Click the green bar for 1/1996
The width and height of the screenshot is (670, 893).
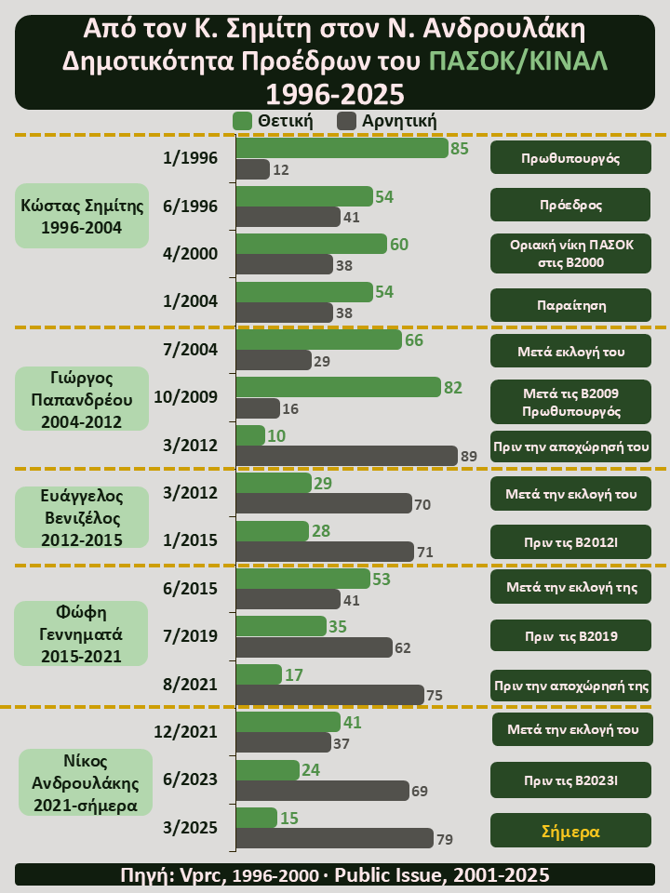point(342,148)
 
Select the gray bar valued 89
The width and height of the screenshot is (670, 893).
point(347,455)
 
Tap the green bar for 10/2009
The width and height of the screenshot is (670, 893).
point(338,387)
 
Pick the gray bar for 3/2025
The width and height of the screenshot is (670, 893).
point(334,839)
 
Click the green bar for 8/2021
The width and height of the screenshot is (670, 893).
point(259,674)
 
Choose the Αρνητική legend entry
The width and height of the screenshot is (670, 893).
point(387,121)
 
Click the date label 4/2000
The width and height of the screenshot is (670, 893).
point(190,253)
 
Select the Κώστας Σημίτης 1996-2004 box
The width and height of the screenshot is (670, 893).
point(82,216)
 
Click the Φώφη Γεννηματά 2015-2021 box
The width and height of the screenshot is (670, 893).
point(82,633)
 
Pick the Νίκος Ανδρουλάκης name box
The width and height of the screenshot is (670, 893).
point(85,782)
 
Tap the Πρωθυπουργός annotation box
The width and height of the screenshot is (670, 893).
point(570,157)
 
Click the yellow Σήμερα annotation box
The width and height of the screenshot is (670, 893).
point(570,831)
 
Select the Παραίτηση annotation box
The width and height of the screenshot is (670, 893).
point(570,304)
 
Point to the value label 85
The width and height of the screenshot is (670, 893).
point(459,148)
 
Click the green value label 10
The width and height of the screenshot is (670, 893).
point(276,435)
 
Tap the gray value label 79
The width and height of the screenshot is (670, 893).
point(445,840)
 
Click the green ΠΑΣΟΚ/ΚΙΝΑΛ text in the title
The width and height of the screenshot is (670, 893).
point(518,60)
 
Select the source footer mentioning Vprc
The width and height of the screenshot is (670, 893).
point(335,874)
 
